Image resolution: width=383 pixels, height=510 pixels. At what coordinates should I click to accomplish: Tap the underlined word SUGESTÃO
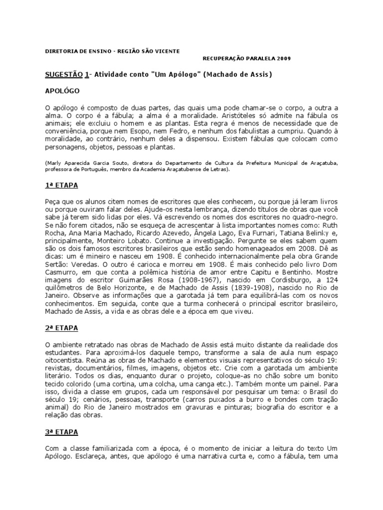click(63, 75)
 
